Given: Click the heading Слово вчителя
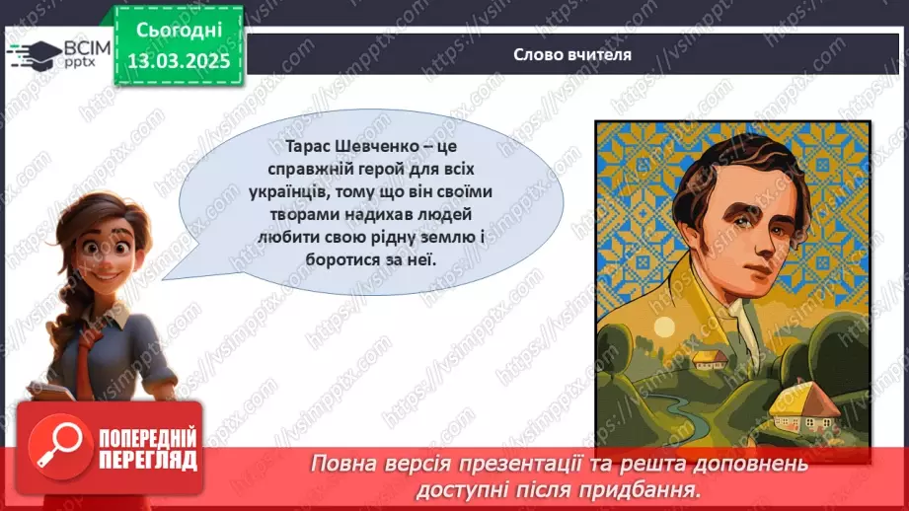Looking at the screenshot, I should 559,55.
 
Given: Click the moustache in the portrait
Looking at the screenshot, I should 725,259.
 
